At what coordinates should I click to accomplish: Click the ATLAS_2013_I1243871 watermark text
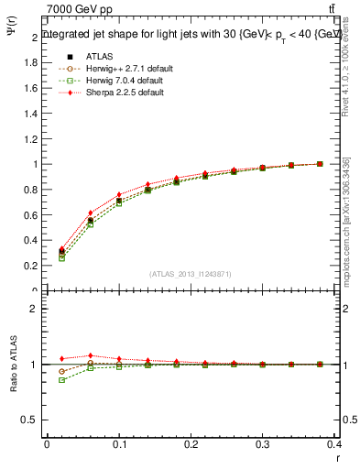pyautogui.click(x=191, y=274)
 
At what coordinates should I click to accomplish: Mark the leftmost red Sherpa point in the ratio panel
pyautogui.click(x=61, y=358)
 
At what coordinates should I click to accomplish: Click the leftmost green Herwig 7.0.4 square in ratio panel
pyautogui.click(x=61, y=379)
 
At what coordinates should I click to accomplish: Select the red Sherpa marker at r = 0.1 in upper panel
pyautogui.click(x=119, y=194)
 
